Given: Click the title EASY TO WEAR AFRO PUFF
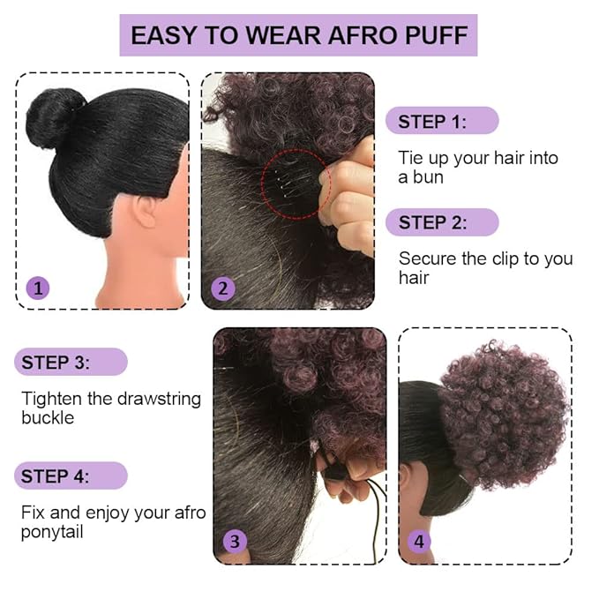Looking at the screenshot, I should (298, 35).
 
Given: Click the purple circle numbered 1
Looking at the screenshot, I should (38, 288).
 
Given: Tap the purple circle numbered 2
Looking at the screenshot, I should (223, 288).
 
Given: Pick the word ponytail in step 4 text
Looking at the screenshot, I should (52, 533).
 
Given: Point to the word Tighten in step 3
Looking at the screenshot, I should (52, 399).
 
